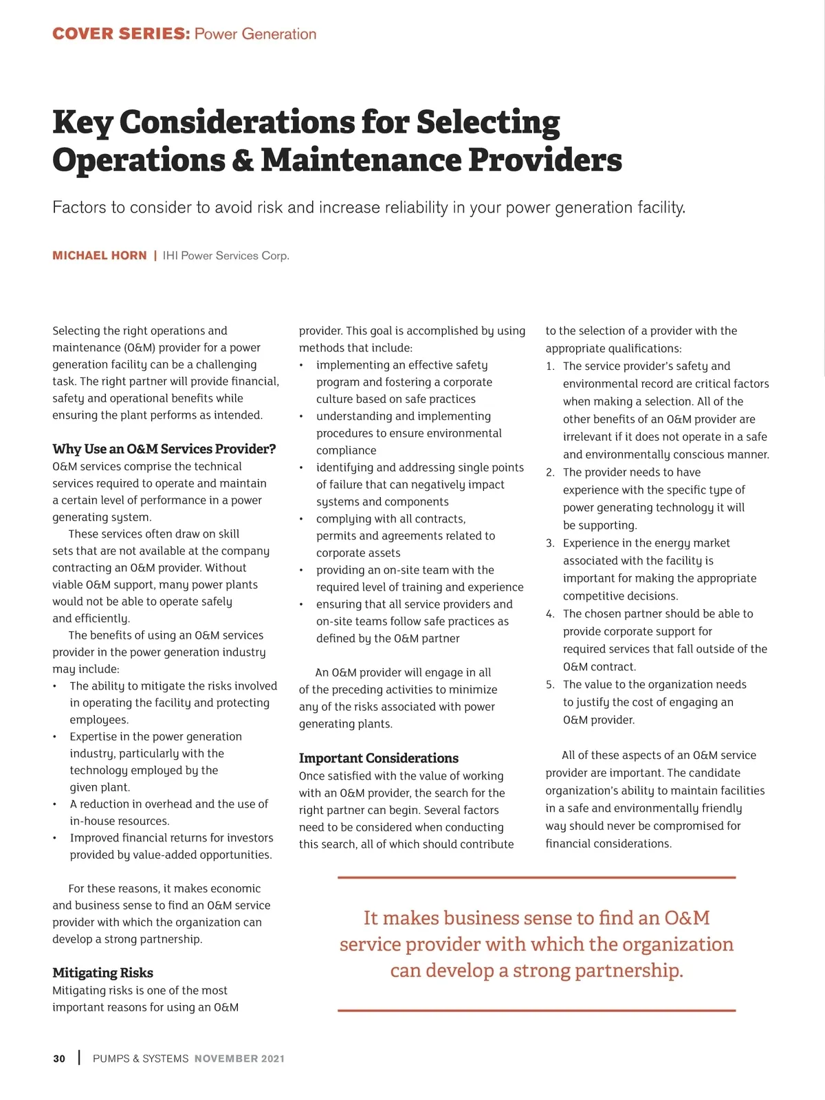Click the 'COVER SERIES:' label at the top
point(121,34)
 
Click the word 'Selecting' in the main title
point(488,122)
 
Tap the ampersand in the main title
point(243,160)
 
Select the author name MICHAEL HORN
point(100,256)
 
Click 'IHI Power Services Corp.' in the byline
point(225,256)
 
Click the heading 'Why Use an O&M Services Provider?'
point(164,449)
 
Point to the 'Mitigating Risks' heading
point(102,973)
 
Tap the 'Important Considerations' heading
point(378,758)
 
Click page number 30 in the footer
point(59,1059)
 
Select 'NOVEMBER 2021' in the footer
point(239,1059)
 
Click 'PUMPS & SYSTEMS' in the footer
point(140,1059)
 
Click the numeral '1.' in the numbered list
point(550,366)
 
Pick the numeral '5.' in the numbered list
point(550,685)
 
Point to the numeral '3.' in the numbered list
point(550,543)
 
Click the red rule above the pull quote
point(536,878)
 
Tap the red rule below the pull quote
point(536,1011)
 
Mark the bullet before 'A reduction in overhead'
point(55,804)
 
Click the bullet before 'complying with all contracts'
point(301,519)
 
